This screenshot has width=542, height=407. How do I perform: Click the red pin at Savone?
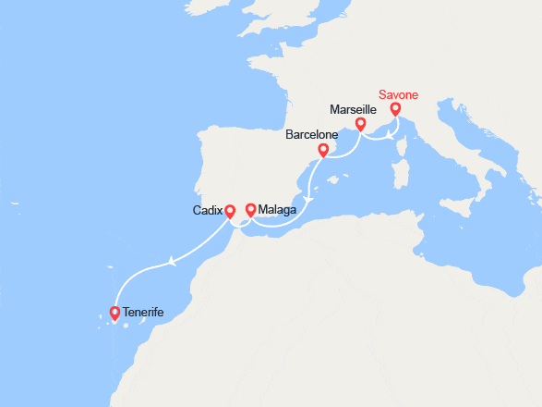tap(395, 109)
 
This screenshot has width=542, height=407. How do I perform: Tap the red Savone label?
tap(403, 94)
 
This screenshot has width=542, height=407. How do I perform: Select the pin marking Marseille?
tap(361, 123)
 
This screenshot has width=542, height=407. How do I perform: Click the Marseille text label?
tap(353, 108)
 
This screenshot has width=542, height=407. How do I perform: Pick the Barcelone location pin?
tap(322, 150)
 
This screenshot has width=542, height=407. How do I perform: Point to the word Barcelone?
tap(310, 135)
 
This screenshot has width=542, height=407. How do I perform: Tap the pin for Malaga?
tap(250, 208)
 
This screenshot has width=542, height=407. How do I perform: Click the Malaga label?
tap(278, 210)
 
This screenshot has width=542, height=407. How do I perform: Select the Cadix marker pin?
tap(230, 209)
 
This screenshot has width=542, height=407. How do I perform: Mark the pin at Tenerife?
tap(115, 313)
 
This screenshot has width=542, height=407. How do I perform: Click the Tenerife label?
tap(143, 313)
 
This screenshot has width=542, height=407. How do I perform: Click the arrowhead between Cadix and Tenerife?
tap(172, 264)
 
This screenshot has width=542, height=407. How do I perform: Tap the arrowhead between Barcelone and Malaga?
tap(309, 199)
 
